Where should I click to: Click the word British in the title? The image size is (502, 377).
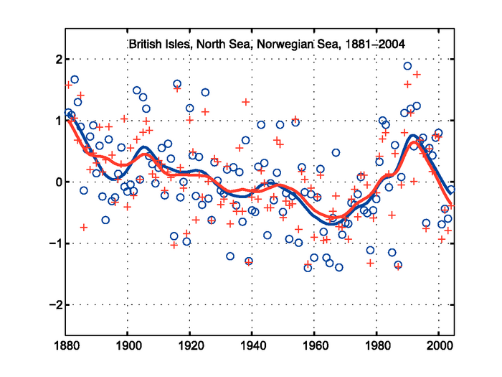[146, 45]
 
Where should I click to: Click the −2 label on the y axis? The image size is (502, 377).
[52, 305]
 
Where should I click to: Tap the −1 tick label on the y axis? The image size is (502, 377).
[52, 244]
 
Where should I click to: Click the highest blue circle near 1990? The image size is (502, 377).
[407, 66]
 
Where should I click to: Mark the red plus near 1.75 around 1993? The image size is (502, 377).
[417, 75]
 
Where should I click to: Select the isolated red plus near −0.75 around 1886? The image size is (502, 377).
[84, 227]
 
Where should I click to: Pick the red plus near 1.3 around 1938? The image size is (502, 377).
[246, 102]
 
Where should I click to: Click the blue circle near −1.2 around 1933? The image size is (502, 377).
[230, 256]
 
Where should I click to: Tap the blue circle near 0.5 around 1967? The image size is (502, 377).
[336, 152]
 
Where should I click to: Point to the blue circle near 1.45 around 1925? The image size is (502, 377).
[205, 92]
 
